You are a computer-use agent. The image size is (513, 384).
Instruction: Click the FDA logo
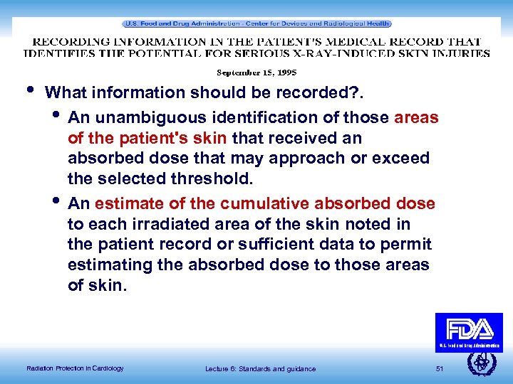pyautogui.click(x=469, y=331)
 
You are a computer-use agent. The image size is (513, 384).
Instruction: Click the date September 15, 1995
pyautogui.click(x=256, y=73)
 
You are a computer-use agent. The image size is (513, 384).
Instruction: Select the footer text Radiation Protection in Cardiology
pyautogui.click(x=75, y=368)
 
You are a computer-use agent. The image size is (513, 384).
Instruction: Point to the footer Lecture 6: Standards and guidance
pyautogui.click(x=260, y=368)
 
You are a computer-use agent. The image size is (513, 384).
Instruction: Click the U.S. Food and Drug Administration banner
pyautogui.click(x=256, y=23)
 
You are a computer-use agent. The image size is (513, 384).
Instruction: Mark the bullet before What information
pyautogui.click(x=29, y=90)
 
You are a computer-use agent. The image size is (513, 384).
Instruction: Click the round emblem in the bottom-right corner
pyautogui.click(x=481, y=362)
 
